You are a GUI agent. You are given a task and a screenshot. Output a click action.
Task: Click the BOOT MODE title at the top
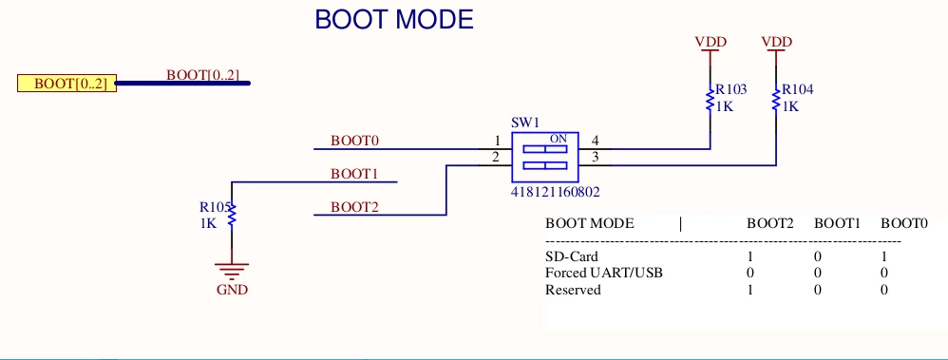[x=394, y=20]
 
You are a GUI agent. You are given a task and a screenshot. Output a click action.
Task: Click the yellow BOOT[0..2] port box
[x=66, y=84]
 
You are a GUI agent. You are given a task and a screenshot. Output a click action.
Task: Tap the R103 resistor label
[x=731, y=89]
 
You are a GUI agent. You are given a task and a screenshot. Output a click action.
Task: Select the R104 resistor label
[x=798, y=89]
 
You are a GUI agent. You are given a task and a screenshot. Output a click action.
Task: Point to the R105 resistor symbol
[x=232, y=216]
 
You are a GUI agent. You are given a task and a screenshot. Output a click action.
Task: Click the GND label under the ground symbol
[x=232, y=290]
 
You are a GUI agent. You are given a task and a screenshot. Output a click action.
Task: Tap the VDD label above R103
[x=711, y=42]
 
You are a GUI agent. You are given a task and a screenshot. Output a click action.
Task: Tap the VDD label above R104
[x=777, y=42]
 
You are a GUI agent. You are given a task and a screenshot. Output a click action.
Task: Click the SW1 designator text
[x=524, y=123]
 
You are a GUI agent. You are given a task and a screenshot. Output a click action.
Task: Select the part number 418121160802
[x=556, y=193]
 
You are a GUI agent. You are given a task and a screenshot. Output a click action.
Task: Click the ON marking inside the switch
[x=558, y=139]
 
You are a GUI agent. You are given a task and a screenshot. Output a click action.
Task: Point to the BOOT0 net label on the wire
[x=354, y=141]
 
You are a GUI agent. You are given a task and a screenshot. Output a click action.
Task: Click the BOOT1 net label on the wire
[x=354, y=174]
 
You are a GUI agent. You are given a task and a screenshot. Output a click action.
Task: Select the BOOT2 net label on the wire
[x=354, y=207]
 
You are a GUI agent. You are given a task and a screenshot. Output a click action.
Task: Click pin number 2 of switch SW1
[x=496, y=158]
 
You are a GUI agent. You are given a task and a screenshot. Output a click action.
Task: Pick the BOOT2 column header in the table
[x=769, y=223]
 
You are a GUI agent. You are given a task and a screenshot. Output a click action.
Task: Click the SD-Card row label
[x=571, y=256]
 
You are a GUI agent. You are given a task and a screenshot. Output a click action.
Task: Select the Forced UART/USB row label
[x=604, y=273]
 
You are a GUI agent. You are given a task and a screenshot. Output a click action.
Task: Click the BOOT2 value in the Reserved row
[x=750, y=290]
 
